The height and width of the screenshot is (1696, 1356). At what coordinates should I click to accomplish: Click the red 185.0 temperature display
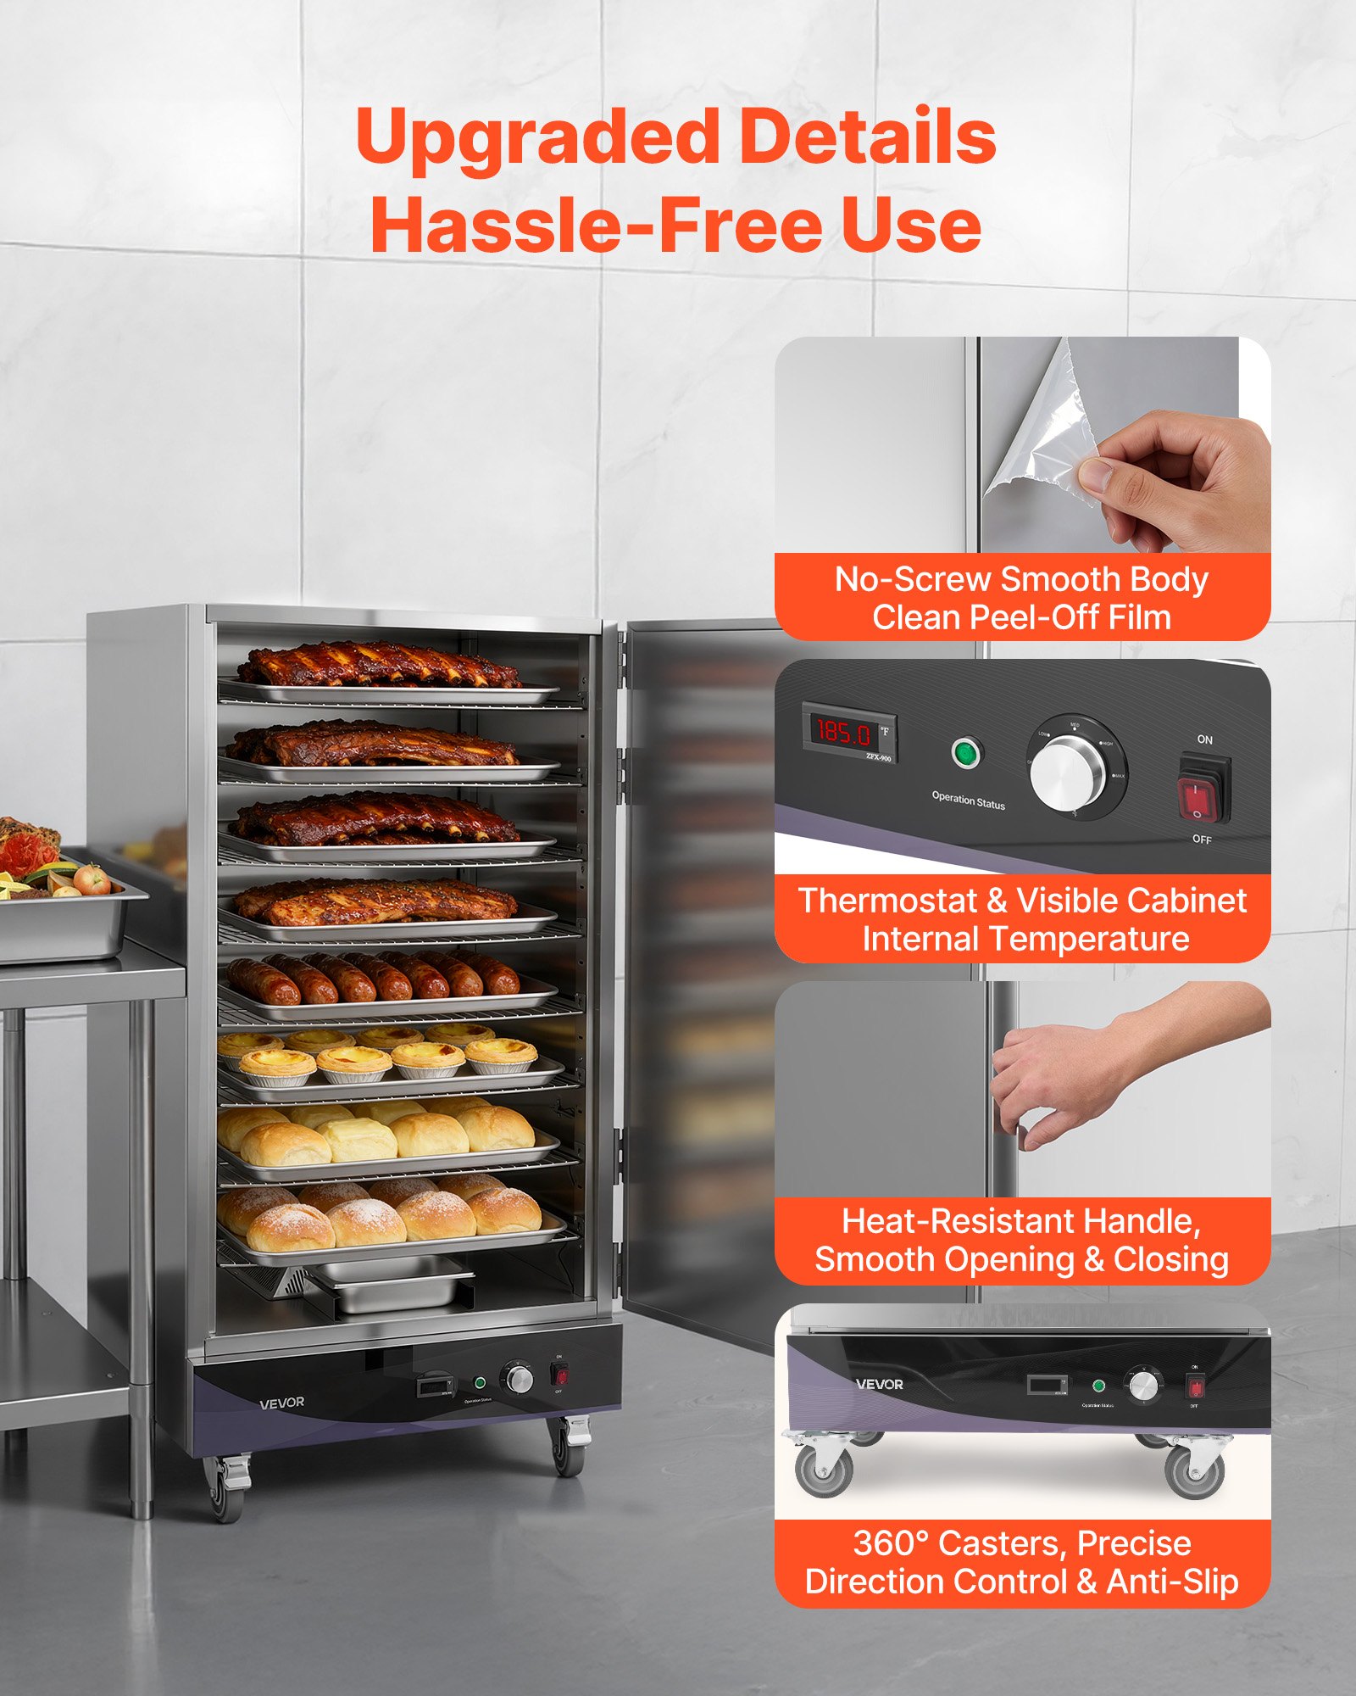(844, 731)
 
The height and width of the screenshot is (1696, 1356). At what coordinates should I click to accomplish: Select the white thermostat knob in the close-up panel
(1069, 773)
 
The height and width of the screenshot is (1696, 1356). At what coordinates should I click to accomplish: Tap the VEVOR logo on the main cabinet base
(281, 1403)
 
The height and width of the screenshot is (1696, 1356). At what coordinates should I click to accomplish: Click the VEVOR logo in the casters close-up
(880, 1384)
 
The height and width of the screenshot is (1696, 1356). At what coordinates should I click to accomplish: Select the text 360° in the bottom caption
(890, 1543)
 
